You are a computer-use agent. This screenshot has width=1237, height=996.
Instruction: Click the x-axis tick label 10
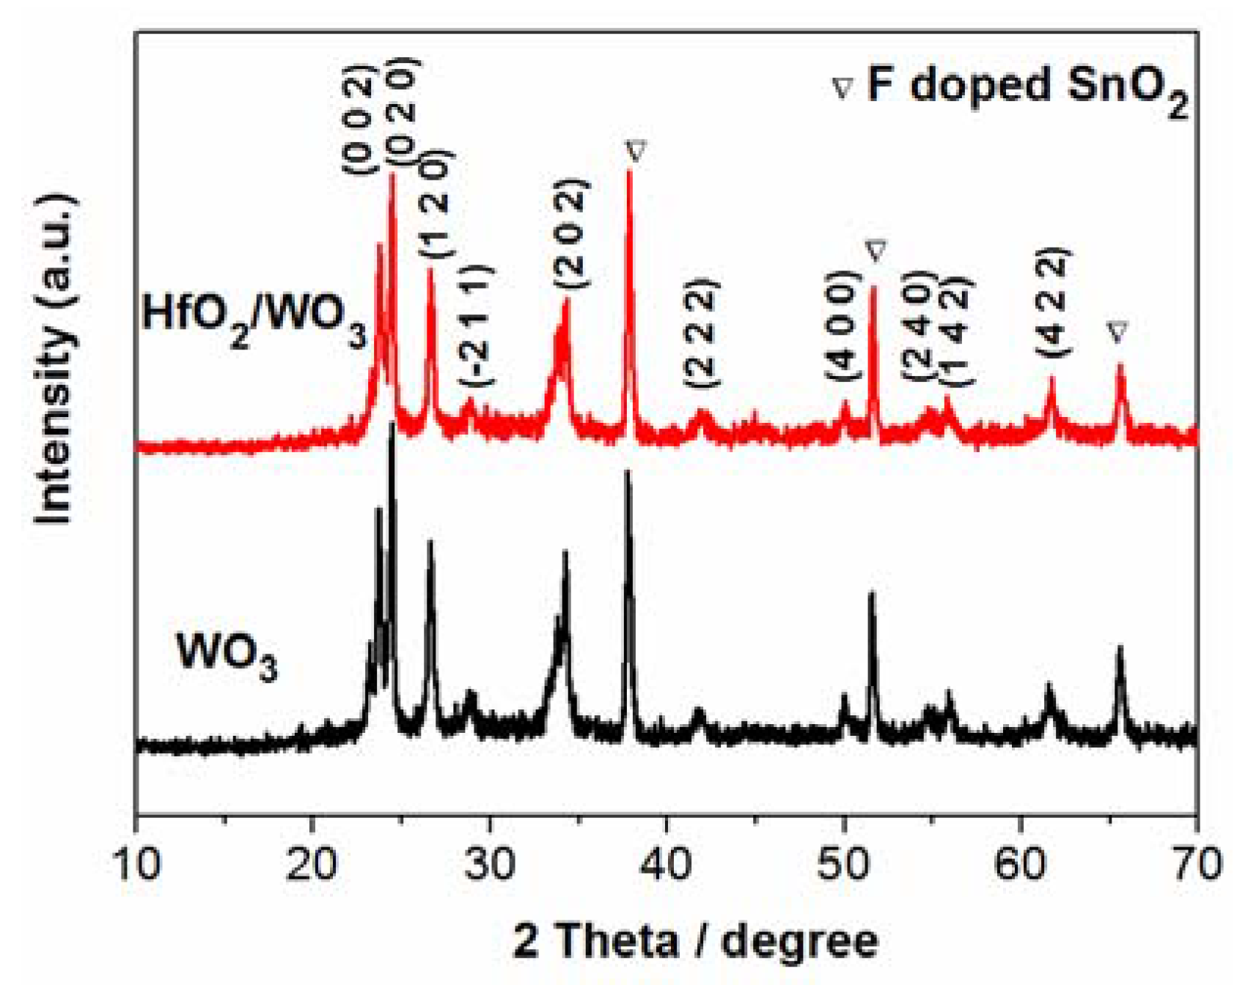pyautogui.click(x=136, y=864)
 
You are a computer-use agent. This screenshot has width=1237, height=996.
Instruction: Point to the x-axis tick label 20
pyautogui.click(x=313, y=864)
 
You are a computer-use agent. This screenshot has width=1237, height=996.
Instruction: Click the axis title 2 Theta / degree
pyautogui.click(x=695, y=940)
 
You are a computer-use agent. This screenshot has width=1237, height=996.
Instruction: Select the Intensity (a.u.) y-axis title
pyautogui.click(x=56, y=359)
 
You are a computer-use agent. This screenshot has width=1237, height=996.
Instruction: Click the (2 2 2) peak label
pyautogui.click(x=701, y=333)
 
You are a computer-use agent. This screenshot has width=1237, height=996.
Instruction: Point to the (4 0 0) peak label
pyautogui.click(x=843, y=325)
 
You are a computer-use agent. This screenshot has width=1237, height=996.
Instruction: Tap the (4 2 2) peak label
pyautogui.click(x=1053, y=303)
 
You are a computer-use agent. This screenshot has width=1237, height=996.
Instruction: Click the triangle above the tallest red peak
pyautogui.click(x=636, y=152)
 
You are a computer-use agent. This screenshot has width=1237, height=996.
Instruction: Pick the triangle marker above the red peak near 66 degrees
pyautogui.click(x=1117, y=332)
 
